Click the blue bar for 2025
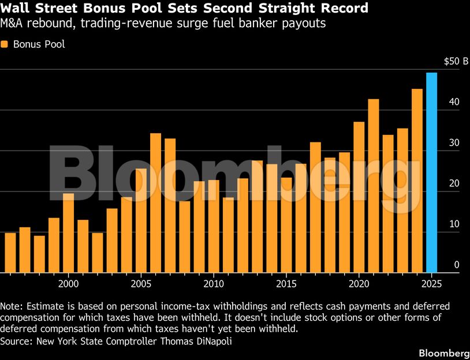point(431,173)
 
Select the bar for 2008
point(185,237)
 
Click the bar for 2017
point(315,208)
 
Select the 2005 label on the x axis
point(141,284)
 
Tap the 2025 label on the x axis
point(431,284)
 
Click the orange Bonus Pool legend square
point(5,44)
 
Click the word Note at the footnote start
point(12,306)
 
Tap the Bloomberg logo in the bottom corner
point(443,352)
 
